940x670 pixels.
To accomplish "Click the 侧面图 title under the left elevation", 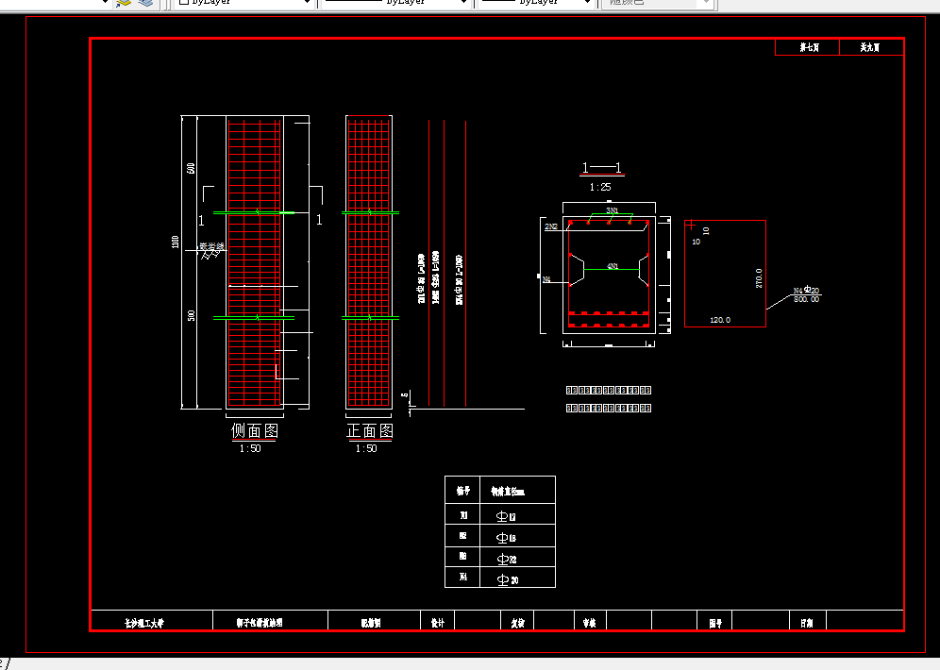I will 255,431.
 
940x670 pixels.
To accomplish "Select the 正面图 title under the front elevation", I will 370,431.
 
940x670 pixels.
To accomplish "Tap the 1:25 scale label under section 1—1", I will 600,187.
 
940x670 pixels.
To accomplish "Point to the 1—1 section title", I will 602,169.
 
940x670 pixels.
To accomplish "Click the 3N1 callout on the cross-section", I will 613,210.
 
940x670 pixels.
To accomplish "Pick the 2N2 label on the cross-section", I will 551,227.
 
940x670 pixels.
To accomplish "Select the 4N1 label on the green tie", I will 613,267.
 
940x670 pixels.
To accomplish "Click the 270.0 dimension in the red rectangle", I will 758,278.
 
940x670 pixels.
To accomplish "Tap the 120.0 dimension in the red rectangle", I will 720,321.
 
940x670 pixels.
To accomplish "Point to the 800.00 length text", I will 807,299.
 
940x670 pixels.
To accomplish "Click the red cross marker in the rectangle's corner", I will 691,226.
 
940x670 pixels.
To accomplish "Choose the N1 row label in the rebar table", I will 463,516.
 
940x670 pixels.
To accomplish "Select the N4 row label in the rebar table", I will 463,578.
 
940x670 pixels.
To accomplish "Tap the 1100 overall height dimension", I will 176,243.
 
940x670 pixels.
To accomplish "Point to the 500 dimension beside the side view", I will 192,315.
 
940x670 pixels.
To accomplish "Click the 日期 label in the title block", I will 807,623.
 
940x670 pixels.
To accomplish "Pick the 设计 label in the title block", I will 437,623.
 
